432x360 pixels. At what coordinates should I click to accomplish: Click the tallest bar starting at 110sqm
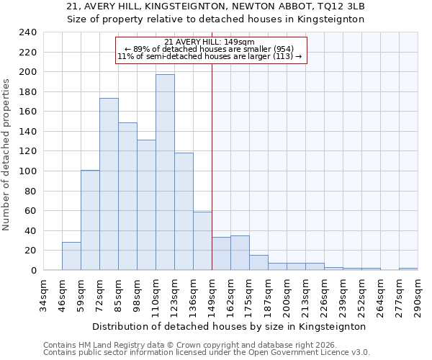pos(165,172)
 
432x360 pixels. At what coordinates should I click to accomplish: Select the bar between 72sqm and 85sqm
pos(109,184)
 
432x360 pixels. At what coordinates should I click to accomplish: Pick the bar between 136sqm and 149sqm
pos(202,241)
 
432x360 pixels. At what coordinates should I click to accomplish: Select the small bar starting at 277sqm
pos(408,269)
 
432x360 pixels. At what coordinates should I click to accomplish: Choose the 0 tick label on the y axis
pos(32,271)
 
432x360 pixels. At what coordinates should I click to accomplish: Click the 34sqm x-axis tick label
pos(43,294)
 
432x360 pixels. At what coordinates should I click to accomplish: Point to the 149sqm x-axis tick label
pos(212,294)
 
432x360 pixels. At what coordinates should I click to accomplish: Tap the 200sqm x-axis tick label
pos(287,294)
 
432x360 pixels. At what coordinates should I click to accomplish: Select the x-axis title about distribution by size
pos(230,326)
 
